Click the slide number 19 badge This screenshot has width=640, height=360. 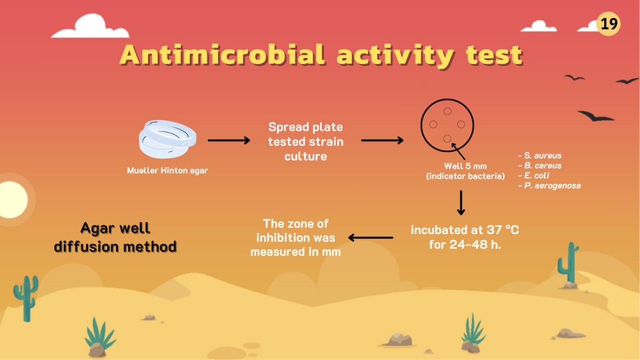(x=608, y=24)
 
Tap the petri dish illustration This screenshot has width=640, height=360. (x=167, y=139)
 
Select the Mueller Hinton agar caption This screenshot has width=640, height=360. (x=167, y=171)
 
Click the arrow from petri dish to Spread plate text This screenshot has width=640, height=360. (x=229, y=141)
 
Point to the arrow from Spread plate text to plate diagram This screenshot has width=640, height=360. (x=383, y=141)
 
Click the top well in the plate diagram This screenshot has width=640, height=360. (x=447, y=111)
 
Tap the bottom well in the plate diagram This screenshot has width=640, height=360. (x=447, y=139)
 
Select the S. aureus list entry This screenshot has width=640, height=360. (x=540, y=155)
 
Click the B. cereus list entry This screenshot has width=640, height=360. (x=540, y=166)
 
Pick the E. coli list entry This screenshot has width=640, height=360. (x=534, y=175)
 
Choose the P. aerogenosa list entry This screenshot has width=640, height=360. (x=549, y=186)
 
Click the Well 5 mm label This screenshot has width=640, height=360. (x=465, y=166)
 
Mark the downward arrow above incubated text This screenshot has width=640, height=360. (x=461, y=203)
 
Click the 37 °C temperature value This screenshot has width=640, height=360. (x=497, y=230)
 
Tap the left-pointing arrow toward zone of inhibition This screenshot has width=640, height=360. (x=371, y=237)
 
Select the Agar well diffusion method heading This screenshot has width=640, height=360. (x=115, y=237)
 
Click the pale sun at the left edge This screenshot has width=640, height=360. (x=13, y=199)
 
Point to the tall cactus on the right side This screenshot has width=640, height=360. (x=568, y=263)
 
